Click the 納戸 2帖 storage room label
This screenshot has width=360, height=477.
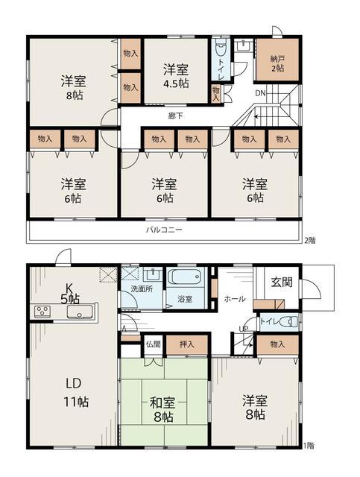pos(277,63)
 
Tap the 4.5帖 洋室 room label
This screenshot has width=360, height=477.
pos(176,76)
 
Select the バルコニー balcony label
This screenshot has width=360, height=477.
pos(164,230)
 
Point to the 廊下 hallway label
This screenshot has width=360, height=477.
pos(176,116)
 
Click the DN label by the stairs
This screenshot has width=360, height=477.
pos(260,93)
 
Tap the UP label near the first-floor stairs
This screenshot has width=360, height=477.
pos(244,329)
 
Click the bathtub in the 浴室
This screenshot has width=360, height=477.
pos(185,277)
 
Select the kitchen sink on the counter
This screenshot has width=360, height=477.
pos(80,312)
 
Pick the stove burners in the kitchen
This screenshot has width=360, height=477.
pos(42,312)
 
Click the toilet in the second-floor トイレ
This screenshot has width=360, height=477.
pos(221,48)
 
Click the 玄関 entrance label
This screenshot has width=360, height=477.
pos(282,282)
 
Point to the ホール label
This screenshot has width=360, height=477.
pos(235,299)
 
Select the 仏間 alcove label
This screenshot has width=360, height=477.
pos(153,344)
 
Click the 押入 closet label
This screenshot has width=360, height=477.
pos(186,344)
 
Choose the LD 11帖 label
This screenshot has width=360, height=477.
pos(75,393)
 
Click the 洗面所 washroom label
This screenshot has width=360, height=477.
pos(142,289)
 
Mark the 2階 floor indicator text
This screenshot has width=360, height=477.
pos(310,241)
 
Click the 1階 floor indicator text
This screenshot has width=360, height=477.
pos(309,446)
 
